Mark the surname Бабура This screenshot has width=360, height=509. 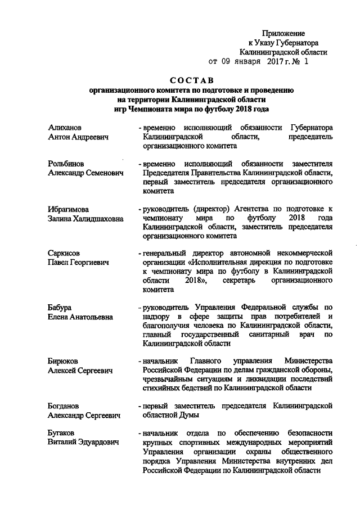pyautogui.click(x=61, y=308)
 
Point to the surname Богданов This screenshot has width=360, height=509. pyautogui.click(x=65, y=406)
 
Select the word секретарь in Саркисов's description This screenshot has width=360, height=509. pyautogui.click(x=241, y=280)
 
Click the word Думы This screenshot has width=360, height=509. pyautogui.click(x=197, y=415)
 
